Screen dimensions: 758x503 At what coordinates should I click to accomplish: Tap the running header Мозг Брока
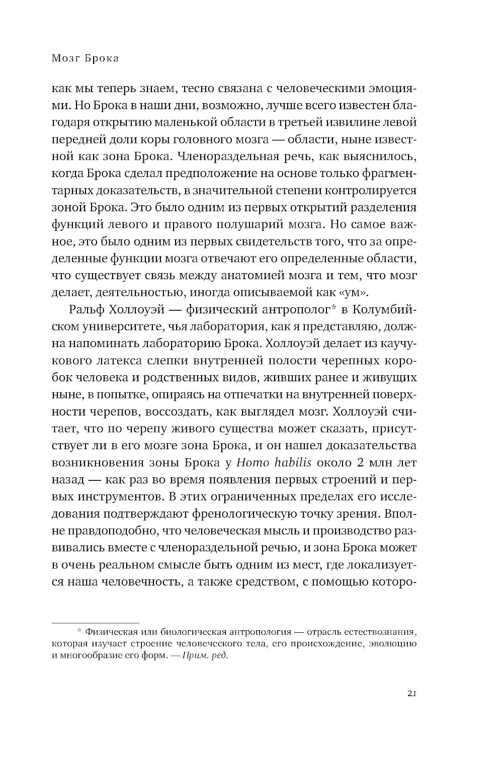point(85,59)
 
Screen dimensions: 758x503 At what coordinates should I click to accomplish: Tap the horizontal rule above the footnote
point(95,623)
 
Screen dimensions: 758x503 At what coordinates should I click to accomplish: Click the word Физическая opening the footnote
point(110,632)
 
